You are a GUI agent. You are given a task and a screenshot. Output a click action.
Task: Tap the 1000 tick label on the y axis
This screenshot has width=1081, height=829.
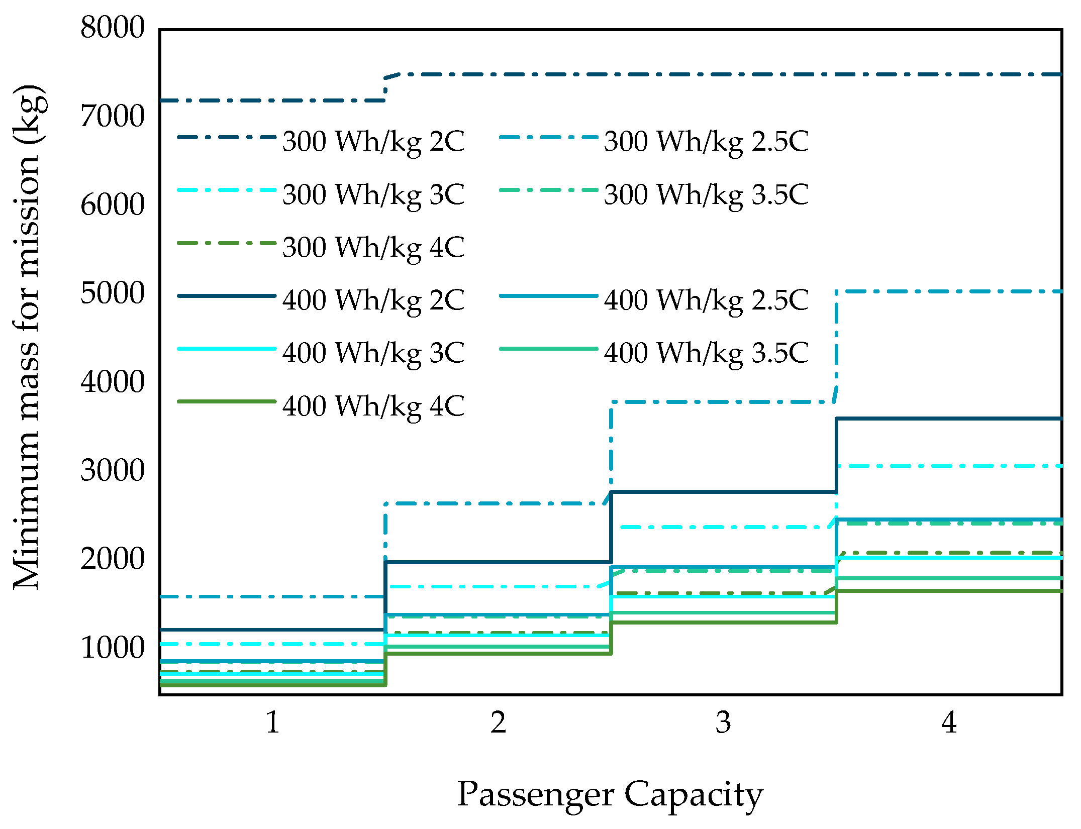(x=113, y=648)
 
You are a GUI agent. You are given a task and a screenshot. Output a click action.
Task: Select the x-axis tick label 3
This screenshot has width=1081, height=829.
(x=723, y=722)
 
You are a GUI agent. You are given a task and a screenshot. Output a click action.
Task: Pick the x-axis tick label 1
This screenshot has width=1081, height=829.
(x=272, y=722)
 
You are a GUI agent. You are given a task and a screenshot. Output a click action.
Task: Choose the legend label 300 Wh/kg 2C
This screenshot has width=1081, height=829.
(x=373, y=141)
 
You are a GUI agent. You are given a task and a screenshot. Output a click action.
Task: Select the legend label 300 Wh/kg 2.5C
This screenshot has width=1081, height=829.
(x=706, y=141)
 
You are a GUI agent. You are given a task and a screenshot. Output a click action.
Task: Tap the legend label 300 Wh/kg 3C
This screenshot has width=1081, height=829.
(x=373, y=194)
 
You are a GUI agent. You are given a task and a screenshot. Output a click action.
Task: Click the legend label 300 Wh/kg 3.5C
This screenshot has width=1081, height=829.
(x=706, y=194)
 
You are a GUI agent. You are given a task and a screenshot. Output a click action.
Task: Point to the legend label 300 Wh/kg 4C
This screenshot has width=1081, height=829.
(x=373, y=247)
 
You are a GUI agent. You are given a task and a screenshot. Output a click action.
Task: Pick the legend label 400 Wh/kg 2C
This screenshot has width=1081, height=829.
(x=373, y=300)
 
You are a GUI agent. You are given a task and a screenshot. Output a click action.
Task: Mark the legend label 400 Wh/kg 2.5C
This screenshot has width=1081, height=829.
(x=706, y=300)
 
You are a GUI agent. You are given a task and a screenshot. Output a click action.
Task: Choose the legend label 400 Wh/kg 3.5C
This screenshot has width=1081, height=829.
(x=706, y=353)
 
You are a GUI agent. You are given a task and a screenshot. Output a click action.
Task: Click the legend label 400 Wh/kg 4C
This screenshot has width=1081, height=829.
(x=373, y=406)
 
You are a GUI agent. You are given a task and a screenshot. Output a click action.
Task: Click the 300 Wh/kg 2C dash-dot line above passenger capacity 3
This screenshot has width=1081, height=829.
(x=723, y=74)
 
